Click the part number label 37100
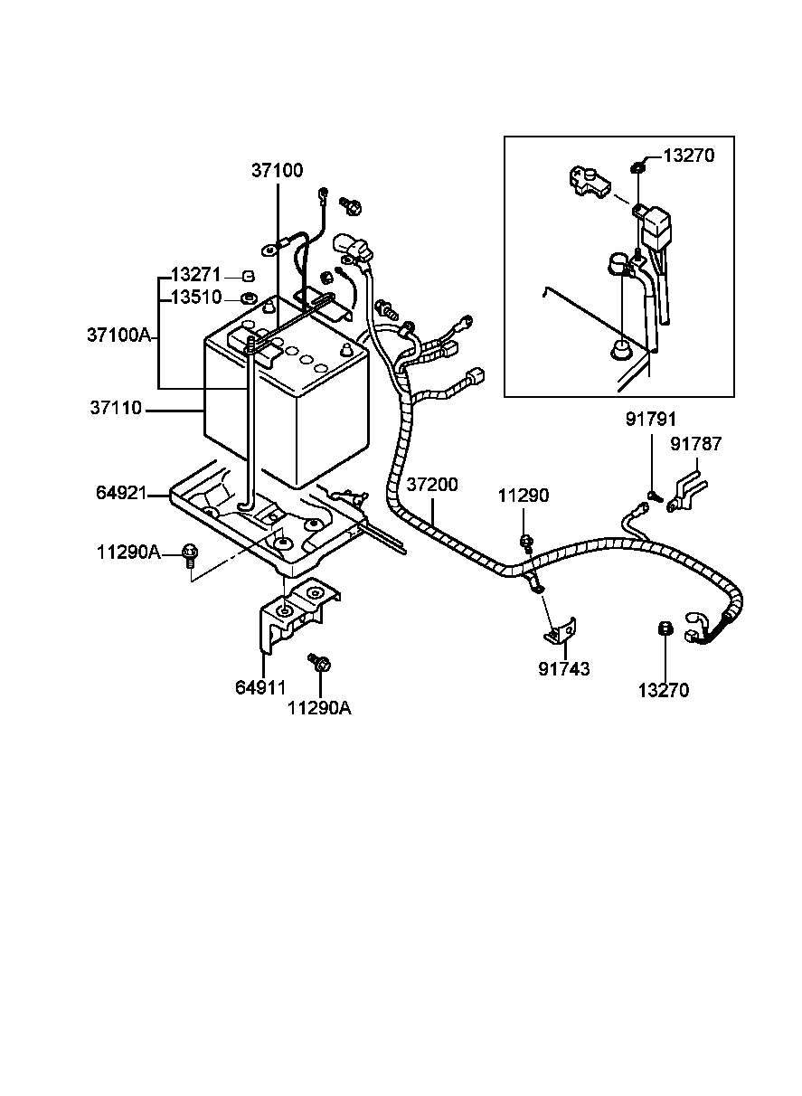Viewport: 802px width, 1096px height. pos(278,170)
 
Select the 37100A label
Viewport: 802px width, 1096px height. pos(118,335)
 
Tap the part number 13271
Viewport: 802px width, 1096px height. pos(196,275)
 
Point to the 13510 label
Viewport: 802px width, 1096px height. pos(196,298)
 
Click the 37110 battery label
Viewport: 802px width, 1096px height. pos(116,409)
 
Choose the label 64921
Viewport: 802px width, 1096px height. pos(121,493)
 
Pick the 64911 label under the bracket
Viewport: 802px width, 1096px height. pos(261,687)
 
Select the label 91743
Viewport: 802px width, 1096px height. pos(563,669)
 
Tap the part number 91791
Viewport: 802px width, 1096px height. pos(651,419)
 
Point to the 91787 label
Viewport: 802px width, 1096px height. pos(696,444)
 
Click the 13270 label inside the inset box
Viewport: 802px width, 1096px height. pos(689,156)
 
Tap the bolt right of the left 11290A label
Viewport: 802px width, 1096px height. pos(191,553)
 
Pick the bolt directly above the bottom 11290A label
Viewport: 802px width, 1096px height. pos(320,663)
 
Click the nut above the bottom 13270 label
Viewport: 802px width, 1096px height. pos(663,629)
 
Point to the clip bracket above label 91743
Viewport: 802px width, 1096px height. pos(561,631)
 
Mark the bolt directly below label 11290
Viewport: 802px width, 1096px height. pos(525,543)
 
